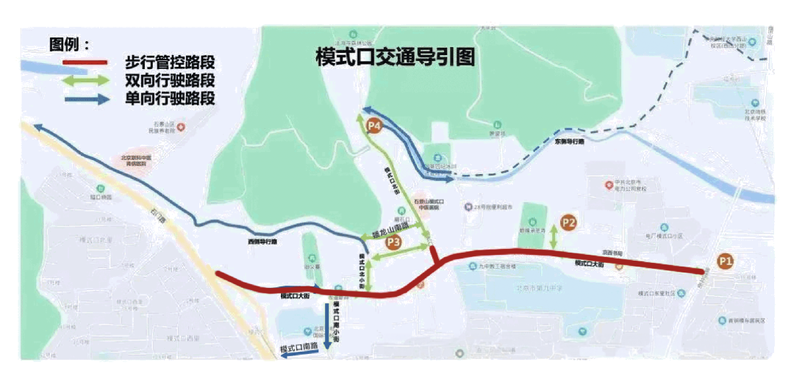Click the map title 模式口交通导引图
point(395,57)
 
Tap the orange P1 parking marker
point(726,260)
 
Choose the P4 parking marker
point(374,126)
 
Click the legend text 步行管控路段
point(170,63)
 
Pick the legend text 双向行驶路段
point(170,81)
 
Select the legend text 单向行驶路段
point(170,98)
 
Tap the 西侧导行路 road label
point(263,241)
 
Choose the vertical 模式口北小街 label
point(362,269)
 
